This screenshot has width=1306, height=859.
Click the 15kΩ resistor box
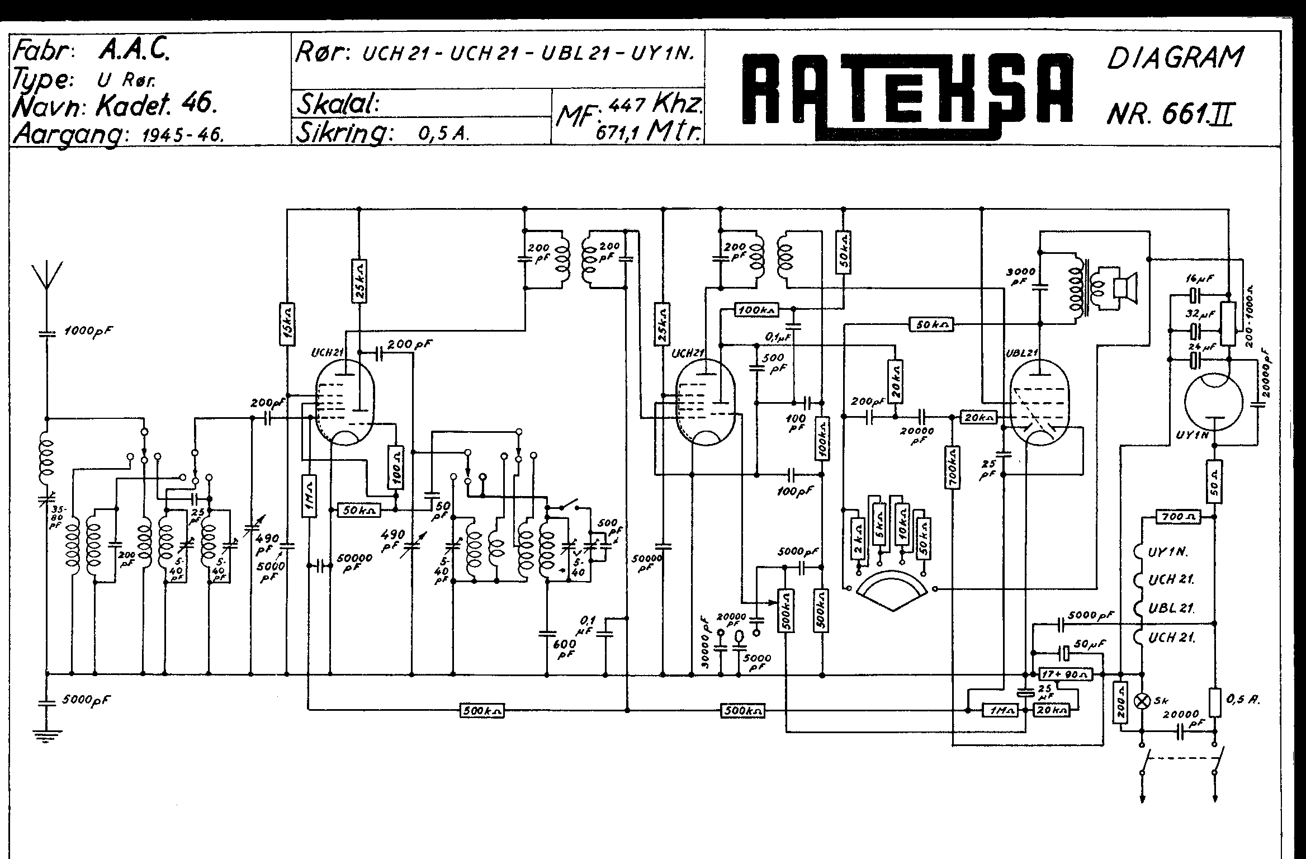[x=287, y=324]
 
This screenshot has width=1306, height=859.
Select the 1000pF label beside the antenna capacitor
[x=87, y=331]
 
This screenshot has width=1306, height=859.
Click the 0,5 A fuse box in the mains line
[x=1214, y=702]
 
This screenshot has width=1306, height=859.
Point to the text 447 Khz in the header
[x=655, y=105]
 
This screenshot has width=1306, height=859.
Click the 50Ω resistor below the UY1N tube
[x=1214, y=481]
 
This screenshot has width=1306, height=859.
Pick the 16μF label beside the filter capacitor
[x=1200, y=279]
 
